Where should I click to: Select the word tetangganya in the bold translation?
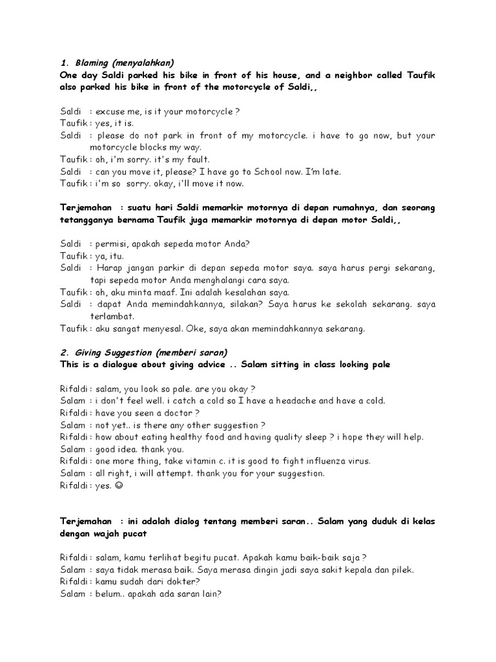(x=87, y=220)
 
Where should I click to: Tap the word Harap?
(x=113, y=268)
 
